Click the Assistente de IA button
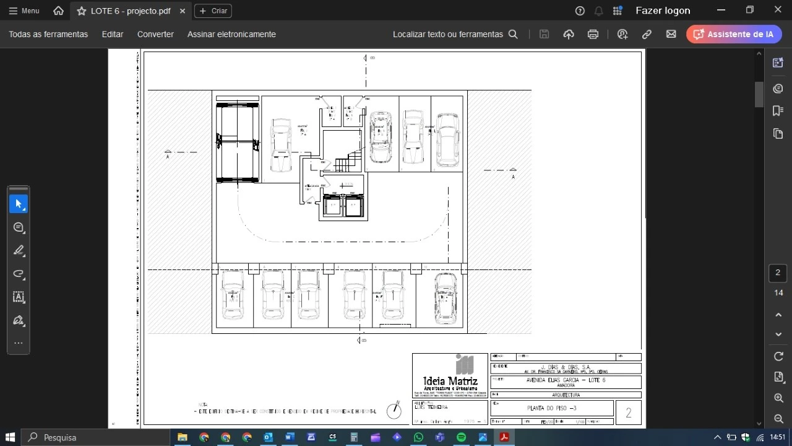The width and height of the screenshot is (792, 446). pyautogui.click(x=734, y=34)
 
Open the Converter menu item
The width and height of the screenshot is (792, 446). pyautogui.click(x=155, y=34)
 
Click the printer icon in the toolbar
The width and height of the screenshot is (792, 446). pyautogui.click(x=593, y=34)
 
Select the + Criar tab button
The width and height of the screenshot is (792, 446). pyautogui.click(x=213, y=11)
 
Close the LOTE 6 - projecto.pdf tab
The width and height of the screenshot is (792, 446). pyautogui.click(x=182, y=11)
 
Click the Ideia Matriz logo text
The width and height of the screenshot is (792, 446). pyautogui.click(x=450, y=380)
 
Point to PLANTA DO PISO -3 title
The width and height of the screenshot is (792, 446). pyautogui.click(x=551, y=408)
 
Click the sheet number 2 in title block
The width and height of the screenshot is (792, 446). pyautogui.click(x=629, y=413)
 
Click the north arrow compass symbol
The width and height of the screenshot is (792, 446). pyautogui.click(x=394, y=409)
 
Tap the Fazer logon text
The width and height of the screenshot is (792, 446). pyautogui.click(x=663, y=11)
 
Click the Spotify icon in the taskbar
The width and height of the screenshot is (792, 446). pyautogui.click(x=461, y=437)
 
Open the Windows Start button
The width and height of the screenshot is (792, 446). pyautogui.click(x=11, y=437)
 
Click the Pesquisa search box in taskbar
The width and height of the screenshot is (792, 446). pyautogui.click(x=93, y=437)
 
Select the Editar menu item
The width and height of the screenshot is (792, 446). pyautogui.click(x=113, y=34)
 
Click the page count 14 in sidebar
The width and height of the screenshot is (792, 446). pyautogui.click(x=778, y=292)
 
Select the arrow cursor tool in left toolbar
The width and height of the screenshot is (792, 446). pyautogui.click(x=19, y=204)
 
